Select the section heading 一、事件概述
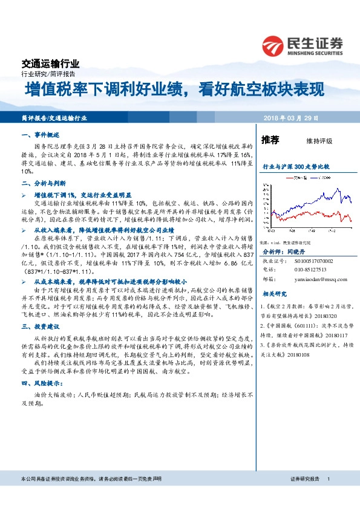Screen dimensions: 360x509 (x=39, y=137)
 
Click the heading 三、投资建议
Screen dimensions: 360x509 (x=39, y=326)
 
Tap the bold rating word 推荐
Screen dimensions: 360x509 (x=270, y=140)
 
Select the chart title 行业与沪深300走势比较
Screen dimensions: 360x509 (x=295, y=165)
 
